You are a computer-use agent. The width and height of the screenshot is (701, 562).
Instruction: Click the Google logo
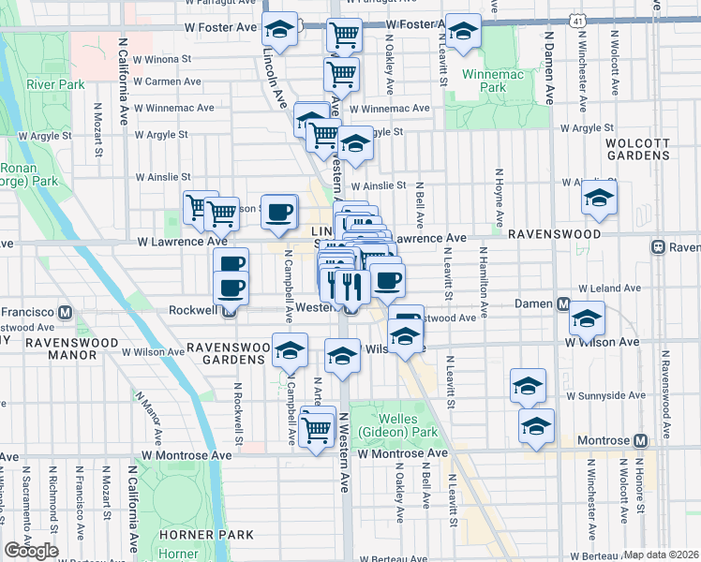pos(31,551)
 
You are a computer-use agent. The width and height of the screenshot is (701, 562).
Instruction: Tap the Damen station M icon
pos(562,304)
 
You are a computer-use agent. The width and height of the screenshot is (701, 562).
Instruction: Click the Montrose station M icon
pos(641,440)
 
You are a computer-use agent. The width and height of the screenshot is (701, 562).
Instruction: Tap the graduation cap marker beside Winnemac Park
pos(462,32)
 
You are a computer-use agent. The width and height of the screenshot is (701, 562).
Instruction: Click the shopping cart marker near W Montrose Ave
pos(318,427)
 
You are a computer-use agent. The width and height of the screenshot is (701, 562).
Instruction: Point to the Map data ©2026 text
pos(662,555)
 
